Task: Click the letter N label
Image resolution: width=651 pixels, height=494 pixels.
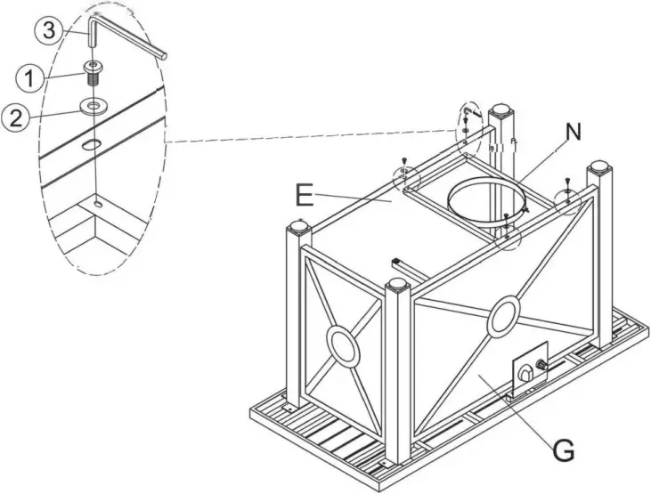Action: point(574,133)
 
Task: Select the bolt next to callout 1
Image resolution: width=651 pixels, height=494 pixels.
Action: point(94,73)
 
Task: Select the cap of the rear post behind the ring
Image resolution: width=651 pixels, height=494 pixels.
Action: point(502,112)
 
